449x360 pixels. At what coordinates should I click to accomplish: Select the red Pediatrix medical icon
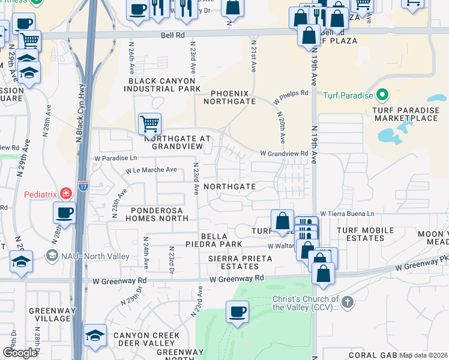coord(64,194)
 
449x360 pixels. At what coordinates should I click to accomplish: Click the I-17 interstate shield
coord(82,187)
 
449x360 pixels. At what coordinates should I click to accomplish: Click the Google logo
coord(20,353)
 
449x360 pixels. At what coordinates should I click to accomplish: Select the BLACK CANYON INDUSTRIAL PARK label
coord(160,85)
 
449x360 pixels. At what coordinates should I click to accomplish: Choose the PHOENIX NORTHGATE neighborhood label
coord(233,97)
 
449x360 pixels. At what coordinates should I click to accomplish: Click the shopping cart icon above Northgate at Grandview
coord(149,124)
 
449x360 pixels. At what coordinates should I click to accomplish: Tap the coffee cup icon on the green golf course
coord(237,312)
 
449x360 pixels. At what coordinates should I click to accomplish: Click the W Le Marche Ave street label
coord(151,170)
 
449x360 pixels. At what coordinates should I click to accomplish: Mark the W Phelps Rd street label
coord(291,93)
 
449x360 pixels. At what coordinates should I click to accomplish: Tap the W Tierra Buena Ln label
coord(346,213)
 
